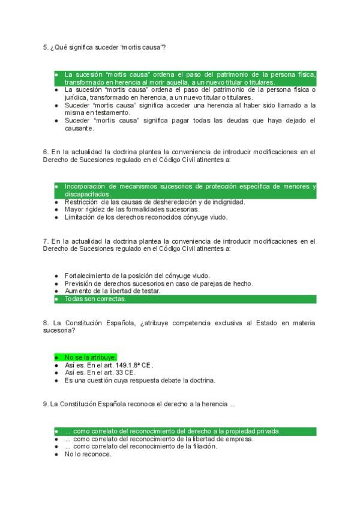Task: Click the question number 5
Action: [x=46, y=47]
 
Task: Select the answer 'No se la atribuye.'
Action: [x=91, y=357]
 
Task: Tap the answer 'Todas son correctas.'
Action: [x=95, y=298]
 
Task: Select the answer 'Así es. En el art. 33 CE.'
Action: [x=100, y=372]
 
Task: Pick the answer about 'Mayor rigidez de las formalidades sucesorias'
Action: [x=131, y=209]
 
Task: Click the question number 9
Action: [x=46, y=404]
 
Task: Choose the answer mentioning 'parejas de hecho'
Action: [x=158, y=283]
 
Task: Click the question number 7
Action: [x=46, y=240]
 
